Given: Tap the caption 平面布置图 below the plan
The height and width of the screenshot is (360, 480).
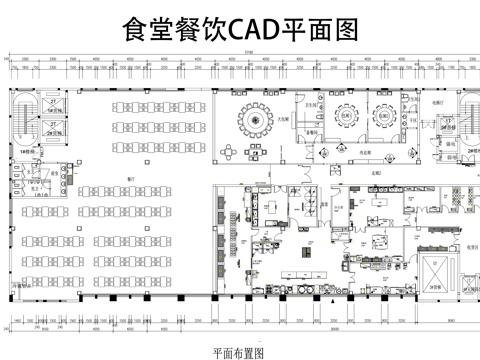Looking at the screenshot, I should click(x=240, y=352).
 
